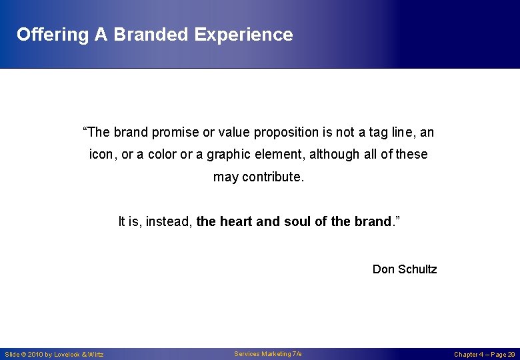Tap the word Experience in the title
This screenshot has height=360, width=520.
click(x=243, y=35)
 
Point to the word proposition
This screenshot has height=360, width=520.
click(x=267, y=133)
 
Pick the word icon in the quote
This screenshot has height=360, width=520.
click(x=101, y=154)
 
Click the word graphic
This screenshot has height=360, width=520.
click(x=228, y=154)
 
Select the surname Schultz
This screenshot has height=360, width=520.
click(x=417, y=269)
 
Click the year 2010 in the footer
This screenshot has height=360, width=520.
click(x=35, y=355)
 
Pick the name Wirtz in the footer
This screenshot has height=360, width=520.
click(x=96, y=355)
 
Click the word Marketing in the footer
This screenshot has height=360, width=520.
click(x=275, y=354)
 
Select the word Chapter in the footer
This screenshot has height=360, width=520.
click(x=467, y=355)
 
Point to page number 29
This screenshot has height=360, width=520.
click(x=511, y=355)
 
